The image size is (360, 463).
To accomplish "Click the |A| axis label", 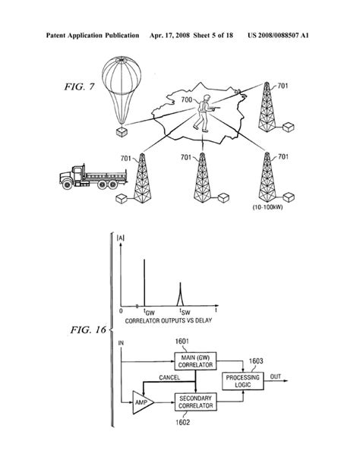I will point(122,241).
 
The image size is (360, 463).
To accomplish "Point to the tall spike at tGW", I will point(143,281).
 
